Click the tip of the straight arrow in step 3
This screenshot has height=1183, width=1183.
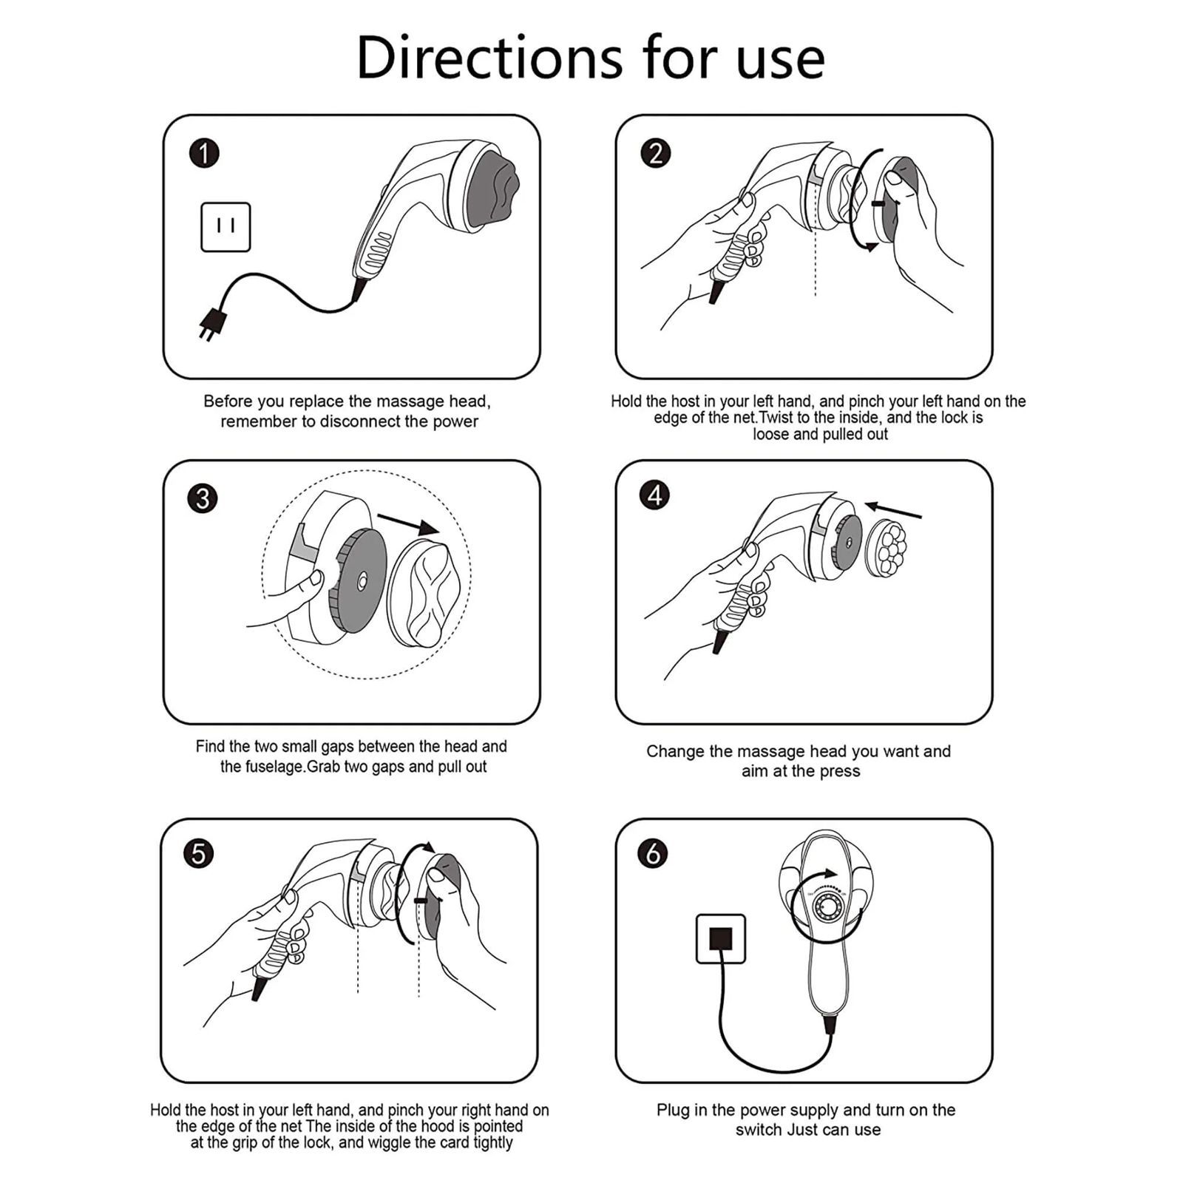[x=439, y=532]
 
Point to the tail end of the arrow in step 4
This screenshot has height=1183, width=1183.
[x=922, y=517]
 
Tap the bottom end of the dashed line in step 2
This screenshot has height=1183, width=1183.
[x=815, y=296]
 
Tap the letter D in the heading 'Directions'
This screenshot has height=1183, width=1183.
[x=379, y=57]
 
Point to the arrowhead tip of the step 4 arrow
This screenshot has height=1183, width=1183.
[x=865, y=506]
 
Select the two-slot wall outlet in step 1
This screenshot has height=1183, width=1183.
[x=226, y=227]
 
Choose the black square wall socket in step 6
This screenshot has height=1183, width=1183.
[x=721, y=939]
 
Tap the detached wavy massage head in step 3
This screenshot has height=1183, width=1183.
[x=430, y=594]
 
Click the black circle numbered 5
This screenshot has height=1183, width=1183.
[x=198, y=854]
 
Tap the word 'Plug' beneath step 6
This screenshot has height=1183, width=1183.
[x=672, y=1111]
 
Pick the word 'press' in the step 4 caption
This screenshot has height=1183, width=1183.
[x=839, y=772]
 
